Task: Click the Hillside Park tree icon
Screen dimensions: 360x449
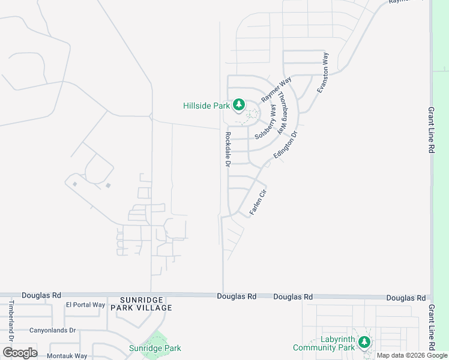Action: coord(239,106)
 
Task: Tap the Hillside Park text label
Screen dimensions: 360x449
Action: coord(206,106)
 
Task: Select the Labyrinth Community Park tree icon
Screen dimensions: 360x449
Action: coord(364,342)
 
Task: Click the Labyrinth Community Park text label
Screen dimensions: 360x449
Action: coord(324,343)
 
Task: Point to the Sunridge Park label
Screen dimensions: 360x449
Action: coord(155,348)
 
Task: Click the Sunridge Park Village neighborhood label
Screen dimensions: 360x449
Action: coord(146,304)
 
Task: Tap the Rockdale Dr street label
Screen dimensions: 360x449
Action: coord(228,149)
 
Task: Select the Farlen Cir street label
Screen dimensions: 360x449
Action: coord(258,203)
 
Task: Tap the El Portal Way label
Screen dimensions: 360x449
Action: coord(85,305)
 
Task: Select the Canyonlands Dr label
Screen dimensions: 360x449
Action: coord(52,330)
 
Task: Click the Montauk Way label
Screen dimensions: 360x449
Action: coord(68,356)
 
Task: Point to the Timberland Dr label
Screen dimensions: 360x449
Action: coord(11,317)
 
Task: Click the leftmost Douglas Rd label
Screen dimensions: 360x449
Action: coord(41,295)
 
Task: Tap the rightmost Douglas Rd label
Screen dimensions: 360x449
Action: coord(406,298)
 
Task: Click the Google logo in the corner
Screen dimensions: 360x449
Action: coord(20,353)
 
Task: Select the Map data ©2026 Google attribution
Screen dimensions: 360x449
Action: coord(412,355)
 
